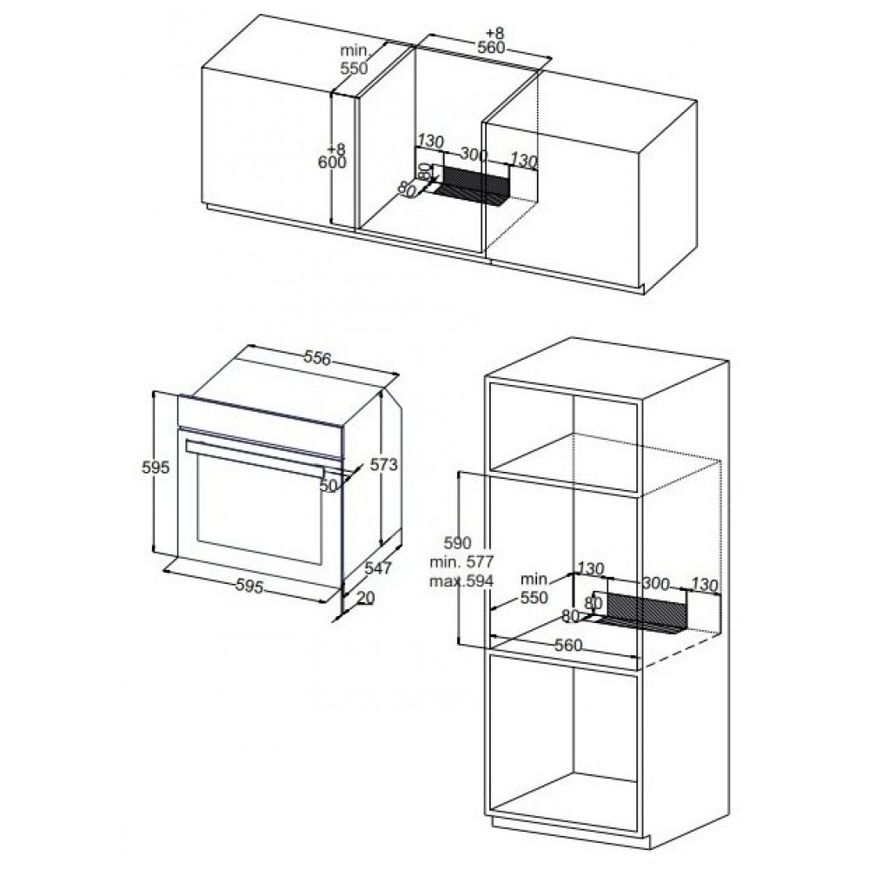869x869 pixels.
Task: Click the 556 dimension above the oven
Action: (x=317, y=359)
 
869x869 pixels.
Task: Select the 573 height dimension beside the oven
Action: (x=384, y=464)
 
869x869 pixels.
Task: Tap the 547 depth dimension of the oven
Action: (x=379, y=567)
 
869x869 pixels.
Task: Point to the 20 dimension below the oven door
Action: (x=367, y=598)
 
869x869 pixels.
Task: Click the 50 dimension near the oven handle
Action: (x=328, y=486)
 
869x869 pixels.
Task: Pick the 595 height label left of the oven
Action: (x=156, y=468)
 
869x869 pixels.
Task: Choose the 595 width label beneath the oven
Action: (x=249, y=585)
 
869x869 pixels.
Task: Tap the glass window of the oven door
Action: (x=259, y=507)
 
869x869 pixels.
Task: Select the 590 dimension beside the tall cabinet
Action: (x=458, y=542)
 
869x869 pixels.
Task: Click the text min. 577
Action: (x=461, y=561)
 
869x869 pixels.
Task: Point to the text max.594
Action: (x=461, y=580)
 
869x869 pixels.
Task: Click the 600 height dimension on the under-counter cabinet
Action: (x=332, y=163)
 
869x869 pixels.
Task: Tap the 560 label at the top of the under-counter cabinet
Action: (x=492, y=48)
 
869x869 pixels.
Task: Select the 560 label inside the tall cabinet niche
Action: (x=568, y=645)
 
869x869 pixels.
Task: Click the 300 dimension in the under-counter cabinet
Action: (x=474, y=155)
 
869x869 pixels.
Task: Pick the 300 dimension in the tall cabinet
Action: (x=656, y=583)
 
